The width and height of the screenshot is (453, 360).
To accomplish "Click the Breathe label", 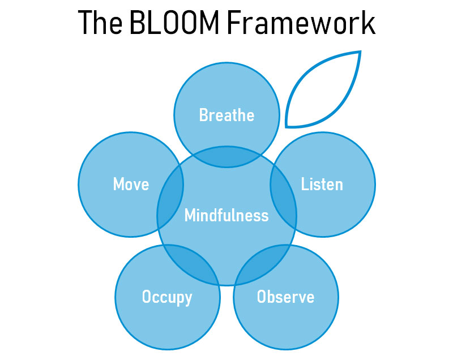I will [226, 115].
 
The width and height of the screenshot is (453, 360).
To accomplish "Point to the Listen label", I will [322, 184].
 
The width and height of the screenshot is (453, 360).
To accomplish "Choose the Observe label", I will [285, 297].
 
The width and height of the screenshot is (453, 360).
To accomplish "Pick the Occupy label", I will [167, 297].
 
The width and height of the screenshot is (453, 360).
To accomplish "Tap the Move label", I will [131, 184].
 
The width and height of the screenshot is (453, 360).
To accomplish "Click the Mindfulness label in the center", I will [226, 216].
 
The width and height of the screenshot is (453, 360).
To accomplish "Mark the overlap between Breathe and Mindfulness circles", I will [226, 158].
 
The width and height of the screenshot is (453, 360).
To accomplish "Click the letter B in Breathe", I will [203, 115].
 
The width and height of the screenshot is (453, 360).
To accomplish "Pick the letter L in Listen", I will [305, 184].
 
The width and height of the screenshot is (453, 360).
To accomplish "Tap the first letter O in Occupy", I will [146, 297].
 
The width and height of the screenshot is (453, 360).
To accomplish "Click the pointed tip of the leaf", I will [360, 52].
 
